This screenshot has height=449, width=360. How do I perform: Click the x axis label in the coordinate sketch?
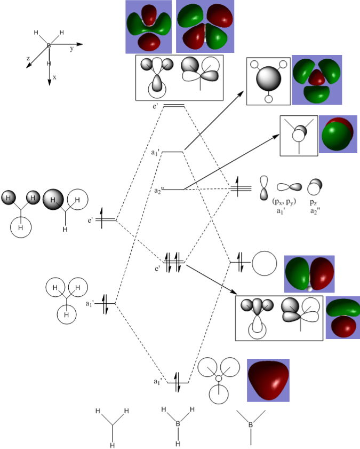[54, 77]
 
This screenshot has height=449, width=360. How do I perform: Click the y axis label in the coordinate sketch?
[71, 48]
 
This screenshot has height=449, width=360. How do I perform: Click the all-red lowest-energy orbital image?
[268, 380]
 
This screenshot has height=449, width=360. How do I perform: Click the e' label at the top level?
[155, 106]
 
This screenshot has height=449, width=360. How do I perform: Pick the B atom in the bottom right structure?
[250, 424]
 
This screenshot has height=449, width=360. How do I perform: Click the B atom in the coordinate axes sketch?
[49, 46]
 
